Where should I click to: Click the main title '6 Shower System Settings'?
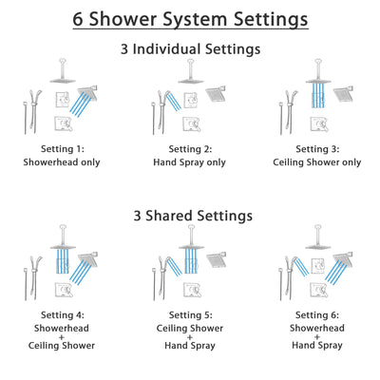pos(190,18)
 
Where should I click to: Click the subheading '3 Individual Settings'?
pos(190,48)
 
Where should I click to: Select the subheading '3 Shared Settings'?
pos(190,216)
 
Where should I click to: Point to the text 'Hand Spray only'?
pos(190,162)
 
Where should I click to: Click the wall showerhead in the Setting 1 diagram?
pos(88,93)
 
